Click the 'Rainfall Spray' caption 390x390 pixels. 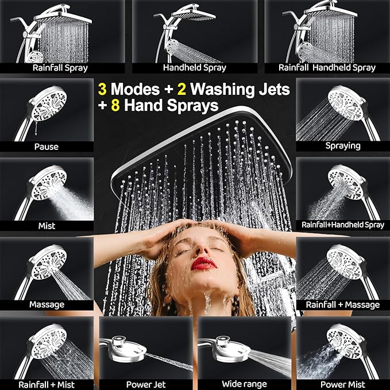(60, 68)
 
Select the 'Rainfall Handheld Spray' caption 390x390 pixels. (327, 68)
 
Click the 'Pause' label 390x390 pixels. (46, 146)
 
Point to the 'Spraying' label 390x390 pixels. (343, 146)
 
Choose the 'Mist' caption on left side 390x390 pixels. (46, 226)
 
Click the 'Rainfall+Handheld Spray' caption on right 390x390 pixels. (343, 225)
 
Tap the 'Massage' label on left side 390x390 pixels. (46, 304)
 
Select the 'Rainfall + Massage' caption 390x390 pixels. (343, 304)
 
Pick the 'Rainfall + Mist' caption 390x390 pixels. (46, 384)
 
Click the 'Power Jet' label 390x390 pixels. (146, 384)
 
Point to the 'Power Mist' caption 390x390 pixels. (343, 384)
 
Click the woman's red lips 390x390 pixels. (204, 263)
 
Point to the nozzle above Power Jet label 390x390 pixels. (123, 345)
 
